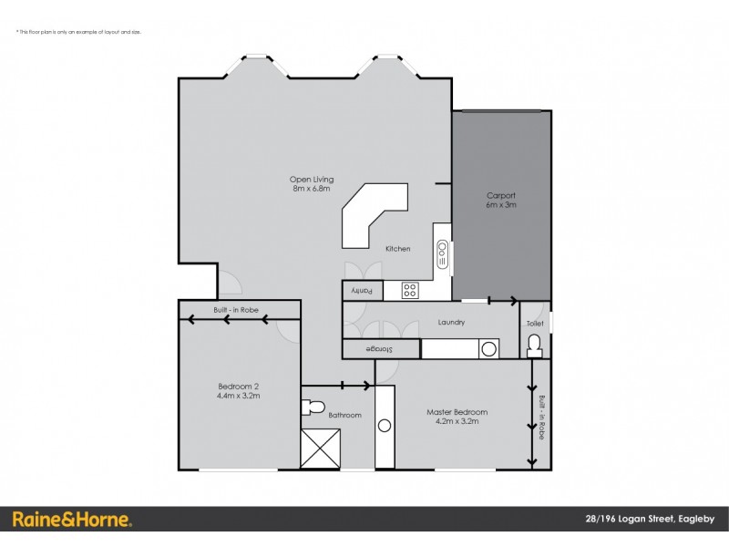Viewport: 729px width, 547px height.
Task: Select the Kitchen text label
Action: click(398, 249)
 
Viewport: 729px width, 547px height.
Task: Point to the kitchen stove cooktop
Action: click(410, 291)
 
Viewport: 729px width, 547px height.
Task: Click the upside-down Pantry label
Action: click(363, 291)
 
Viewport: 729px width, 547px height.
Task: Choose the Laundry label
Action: click(451, 322)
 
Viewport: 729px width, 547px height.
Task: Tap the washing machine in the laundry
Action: click(489, 348)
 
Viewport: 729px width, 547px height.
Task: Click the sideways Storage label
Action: click(380, 349)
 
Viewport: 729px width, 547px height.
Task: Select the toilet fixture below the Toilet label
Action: click(535, 345)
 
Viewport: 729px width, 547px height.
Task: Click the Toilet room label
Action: click(535, 323)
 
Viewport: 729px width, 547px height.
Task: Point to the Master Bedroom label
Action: click(457, 416)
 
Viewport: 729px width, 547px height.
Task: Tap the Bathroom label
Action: click(345, 415)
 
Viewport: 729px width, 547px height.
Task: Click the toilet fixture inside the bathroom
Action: click(313, 406)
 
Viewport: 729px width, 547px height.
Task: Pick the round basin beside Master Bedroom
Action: click(385, 425)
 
